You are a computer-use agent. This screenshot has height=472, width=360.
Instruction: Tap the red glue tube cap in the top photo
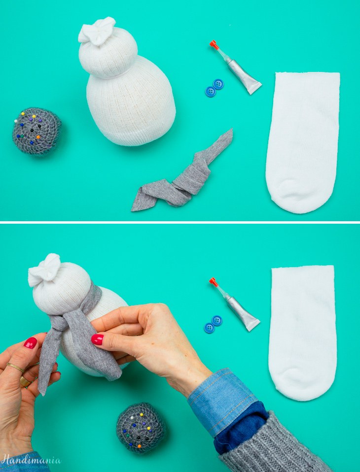pos(214,44)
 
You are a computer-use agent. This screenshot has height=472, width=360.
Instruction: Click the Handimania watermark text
pos(31,460)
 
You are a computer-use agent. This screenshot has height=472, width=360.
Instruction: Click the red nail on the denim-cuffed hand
pos(97,339)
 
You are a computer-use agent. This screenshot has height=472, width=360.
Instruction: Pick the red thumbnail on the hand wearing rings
pos(31,343)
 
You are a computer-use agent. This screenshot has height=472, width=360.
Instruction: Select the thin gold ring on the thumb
pos(16,367)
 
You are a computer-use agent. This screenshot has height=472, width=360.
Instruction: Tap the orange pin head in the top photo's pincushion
pos(38,137)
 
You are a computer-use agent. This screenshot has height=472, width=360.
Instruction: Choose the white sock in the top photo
pos(302,141)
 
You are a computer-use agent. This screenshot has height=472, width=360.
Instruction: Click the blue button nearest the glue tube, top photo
pos(218,84)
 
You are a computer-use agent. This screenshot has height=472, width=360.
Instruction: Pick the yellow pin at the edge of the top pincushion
pos(16,121)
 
